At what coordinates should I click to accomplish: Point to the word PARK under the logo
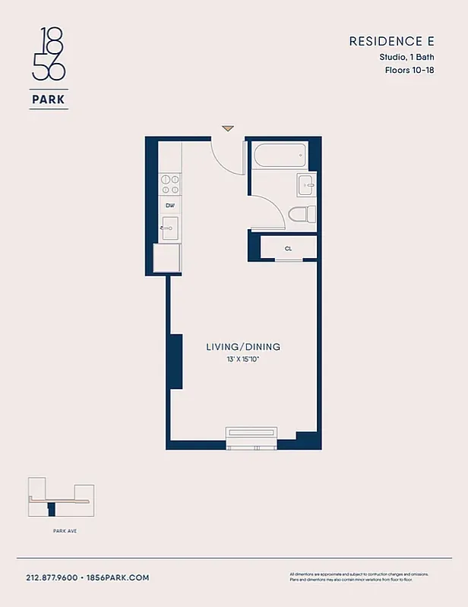(49, 98)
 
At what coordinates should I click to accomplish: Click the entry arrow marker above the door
(227, 128)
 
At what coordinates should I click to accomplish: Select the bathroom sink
(306, 184)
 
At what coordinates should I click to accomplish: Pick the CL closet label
(289, 248)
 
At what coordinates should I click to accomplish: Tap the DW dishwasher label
(170, 206)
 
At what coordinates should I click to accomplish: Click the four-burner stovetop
(170, 184)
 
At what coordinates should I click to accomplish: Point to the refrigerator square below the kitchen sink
(168, 258)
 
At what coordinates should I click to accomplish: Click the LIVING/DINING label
(243, 347)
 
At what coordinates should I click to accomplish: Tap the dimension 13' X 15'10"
(243, 359)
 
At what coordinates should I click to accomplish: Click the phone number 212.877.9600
(52, 577)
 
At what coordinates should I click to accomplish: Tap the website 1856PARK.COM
(117, 577)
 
